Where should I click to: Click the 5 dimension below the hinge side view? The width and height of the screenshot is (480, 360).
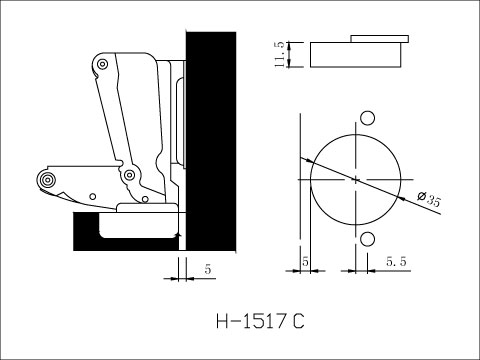(x=207, y=268)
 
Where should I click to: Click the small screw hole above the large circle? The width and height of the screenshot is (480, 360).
(x=367, y=119)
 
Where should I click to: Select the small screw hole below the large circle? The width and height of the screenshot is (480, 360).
(x=367, y=238)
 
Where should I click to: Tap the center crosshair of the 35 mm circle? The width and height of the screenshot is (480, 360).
(x=355, y=178)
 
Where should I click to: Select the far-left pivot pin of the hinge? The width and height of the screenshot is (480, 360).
(x=46, y=179)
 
